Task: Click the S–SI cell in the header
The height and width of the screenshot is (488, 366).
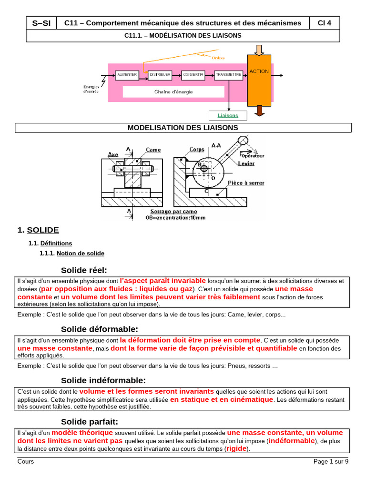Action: (41, 23)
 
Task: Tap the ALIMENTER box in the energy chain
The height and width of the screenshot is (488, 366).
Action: (127, 75)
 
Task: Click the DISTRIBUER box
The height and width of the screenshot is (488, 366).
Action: (160, 75)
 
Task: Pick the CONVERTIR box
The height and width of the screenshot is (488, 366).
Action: (193, 75)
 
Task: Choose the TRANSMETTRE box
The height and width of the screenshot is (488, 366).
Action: (228, 75)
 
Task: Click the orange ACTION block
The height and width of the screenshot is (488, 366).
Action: (259, 80)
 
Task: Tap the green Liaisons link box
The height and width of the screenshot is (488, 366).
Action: (228, 115)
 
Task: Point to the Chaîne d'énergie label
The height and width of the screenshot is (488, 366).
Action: (173, 92)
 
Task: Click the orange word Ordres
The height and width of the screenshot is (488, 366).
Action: (219, 58)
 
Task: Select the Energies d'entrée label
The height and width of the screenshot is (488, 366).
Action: (91, 89)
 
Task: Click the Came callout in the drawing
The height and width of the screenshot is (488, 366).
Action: (153, 150)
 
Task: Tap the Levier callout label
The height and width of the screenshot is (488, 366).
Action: (246, 163)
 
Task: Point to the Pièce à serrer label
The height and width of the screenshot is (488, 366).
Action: (246, 183)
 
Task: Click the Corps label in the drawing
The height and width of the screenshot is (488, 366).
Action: (197, 149)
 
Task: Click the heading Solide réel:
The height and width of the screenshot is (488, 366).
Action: (84, 270)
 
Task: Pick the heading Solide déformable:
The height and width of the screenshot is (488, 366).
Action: (99, 329)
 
